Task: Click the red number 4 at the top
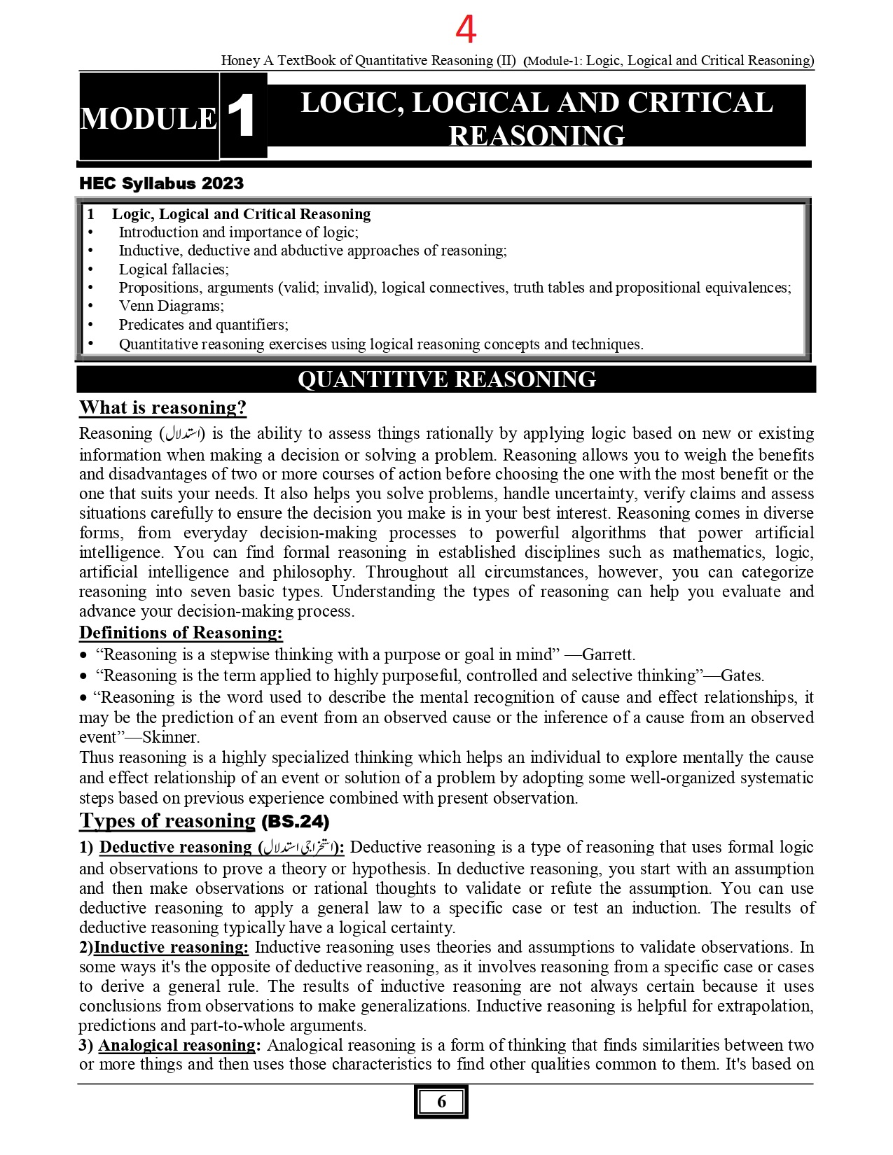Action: tap(466, 29)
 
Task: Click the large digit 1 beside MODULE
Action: tap(242, 116)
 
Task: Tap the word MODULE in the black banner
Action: tap(148, 118)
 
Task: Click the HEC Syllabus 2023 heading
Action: tap(161, 183)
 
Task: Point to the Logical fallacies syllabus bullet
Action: tap(174, 269)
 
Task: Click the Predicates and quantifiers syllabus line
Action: tap(203, 325)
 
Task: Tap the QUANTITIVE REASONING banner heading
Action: tap(446, 379)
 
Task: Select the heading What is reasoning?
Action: tap(162, 407)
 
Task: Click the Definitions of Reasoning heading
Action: tap(181, 633)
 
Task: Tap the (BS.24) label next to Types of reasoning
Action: tap(295, 822)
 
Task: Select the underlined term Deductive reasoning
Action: tap(175, 848)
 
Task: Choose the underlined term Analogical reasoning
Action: tap(177, 1046)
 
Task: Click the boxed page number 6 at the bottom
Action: tap(441, 1102)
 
